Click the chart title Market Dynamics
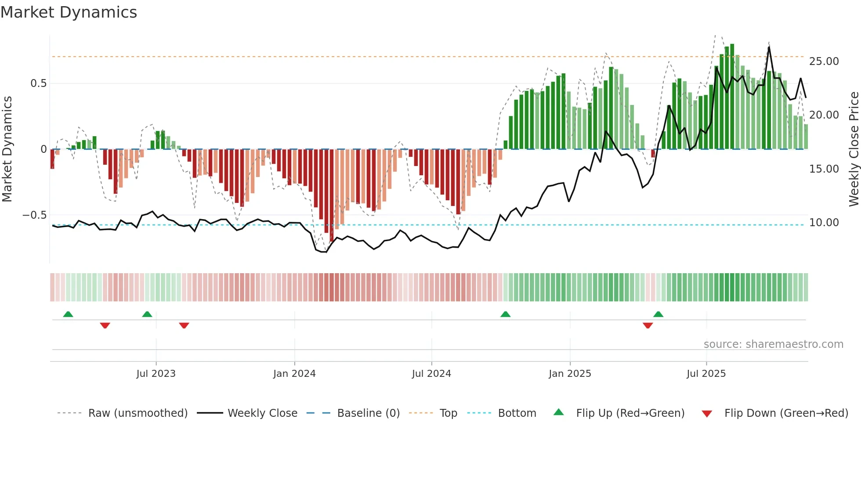coord(69,12)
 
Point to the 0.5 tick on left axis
coord(38,83)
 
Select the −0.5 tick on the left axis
coord(35,215)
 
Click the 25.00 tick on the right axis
coord(824,61)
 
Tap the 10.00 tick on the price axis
coord(824,223)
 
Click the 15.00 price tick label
coord(824,169)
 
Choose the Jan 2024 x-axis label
coord(294,374)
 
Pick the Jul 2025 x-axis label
coord(706,374)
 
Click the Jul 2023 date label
coord(156,374)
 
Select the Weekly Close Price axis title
coord(854,149)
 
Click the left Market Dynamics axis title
coord(7,149)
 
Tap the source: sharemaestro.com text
coord(773,344)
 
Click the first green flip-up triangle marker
coord(68,314)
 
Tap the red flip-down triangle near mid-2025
coord(648,325)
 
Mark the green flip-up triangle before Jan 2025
coord(505,314)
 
